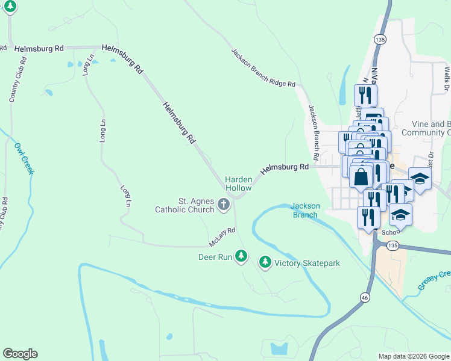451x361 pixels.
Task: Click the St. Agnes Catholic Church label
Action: coord(184,205)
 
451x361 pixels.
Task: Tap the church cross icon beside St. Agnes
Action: coord(223,205)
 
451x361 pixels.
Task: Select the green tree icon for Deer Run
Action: coord(241,256)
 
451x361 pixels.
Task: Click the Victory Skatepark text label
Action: coord(307,263)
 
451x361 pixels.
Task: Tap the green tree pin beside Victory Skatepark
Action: coord(265,262)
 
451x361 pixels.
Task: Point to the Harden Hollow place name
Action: coord(238,184)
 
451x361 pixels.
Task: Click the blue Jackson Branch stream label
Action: coord(306,210)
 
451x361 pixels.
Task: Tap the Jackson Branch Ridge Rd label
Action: coord(263,68)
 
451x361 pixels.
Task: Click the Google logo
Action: coord(20,354)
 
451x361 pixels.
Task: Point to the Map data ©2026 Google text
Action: coord(413,356)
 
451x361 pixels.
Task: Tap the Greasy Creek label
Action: coord(435,281)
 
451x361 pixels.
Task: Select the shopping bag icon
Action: coord(361,177)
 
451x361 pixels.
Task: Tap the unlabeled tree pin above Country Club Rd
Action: coord(10,7)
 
